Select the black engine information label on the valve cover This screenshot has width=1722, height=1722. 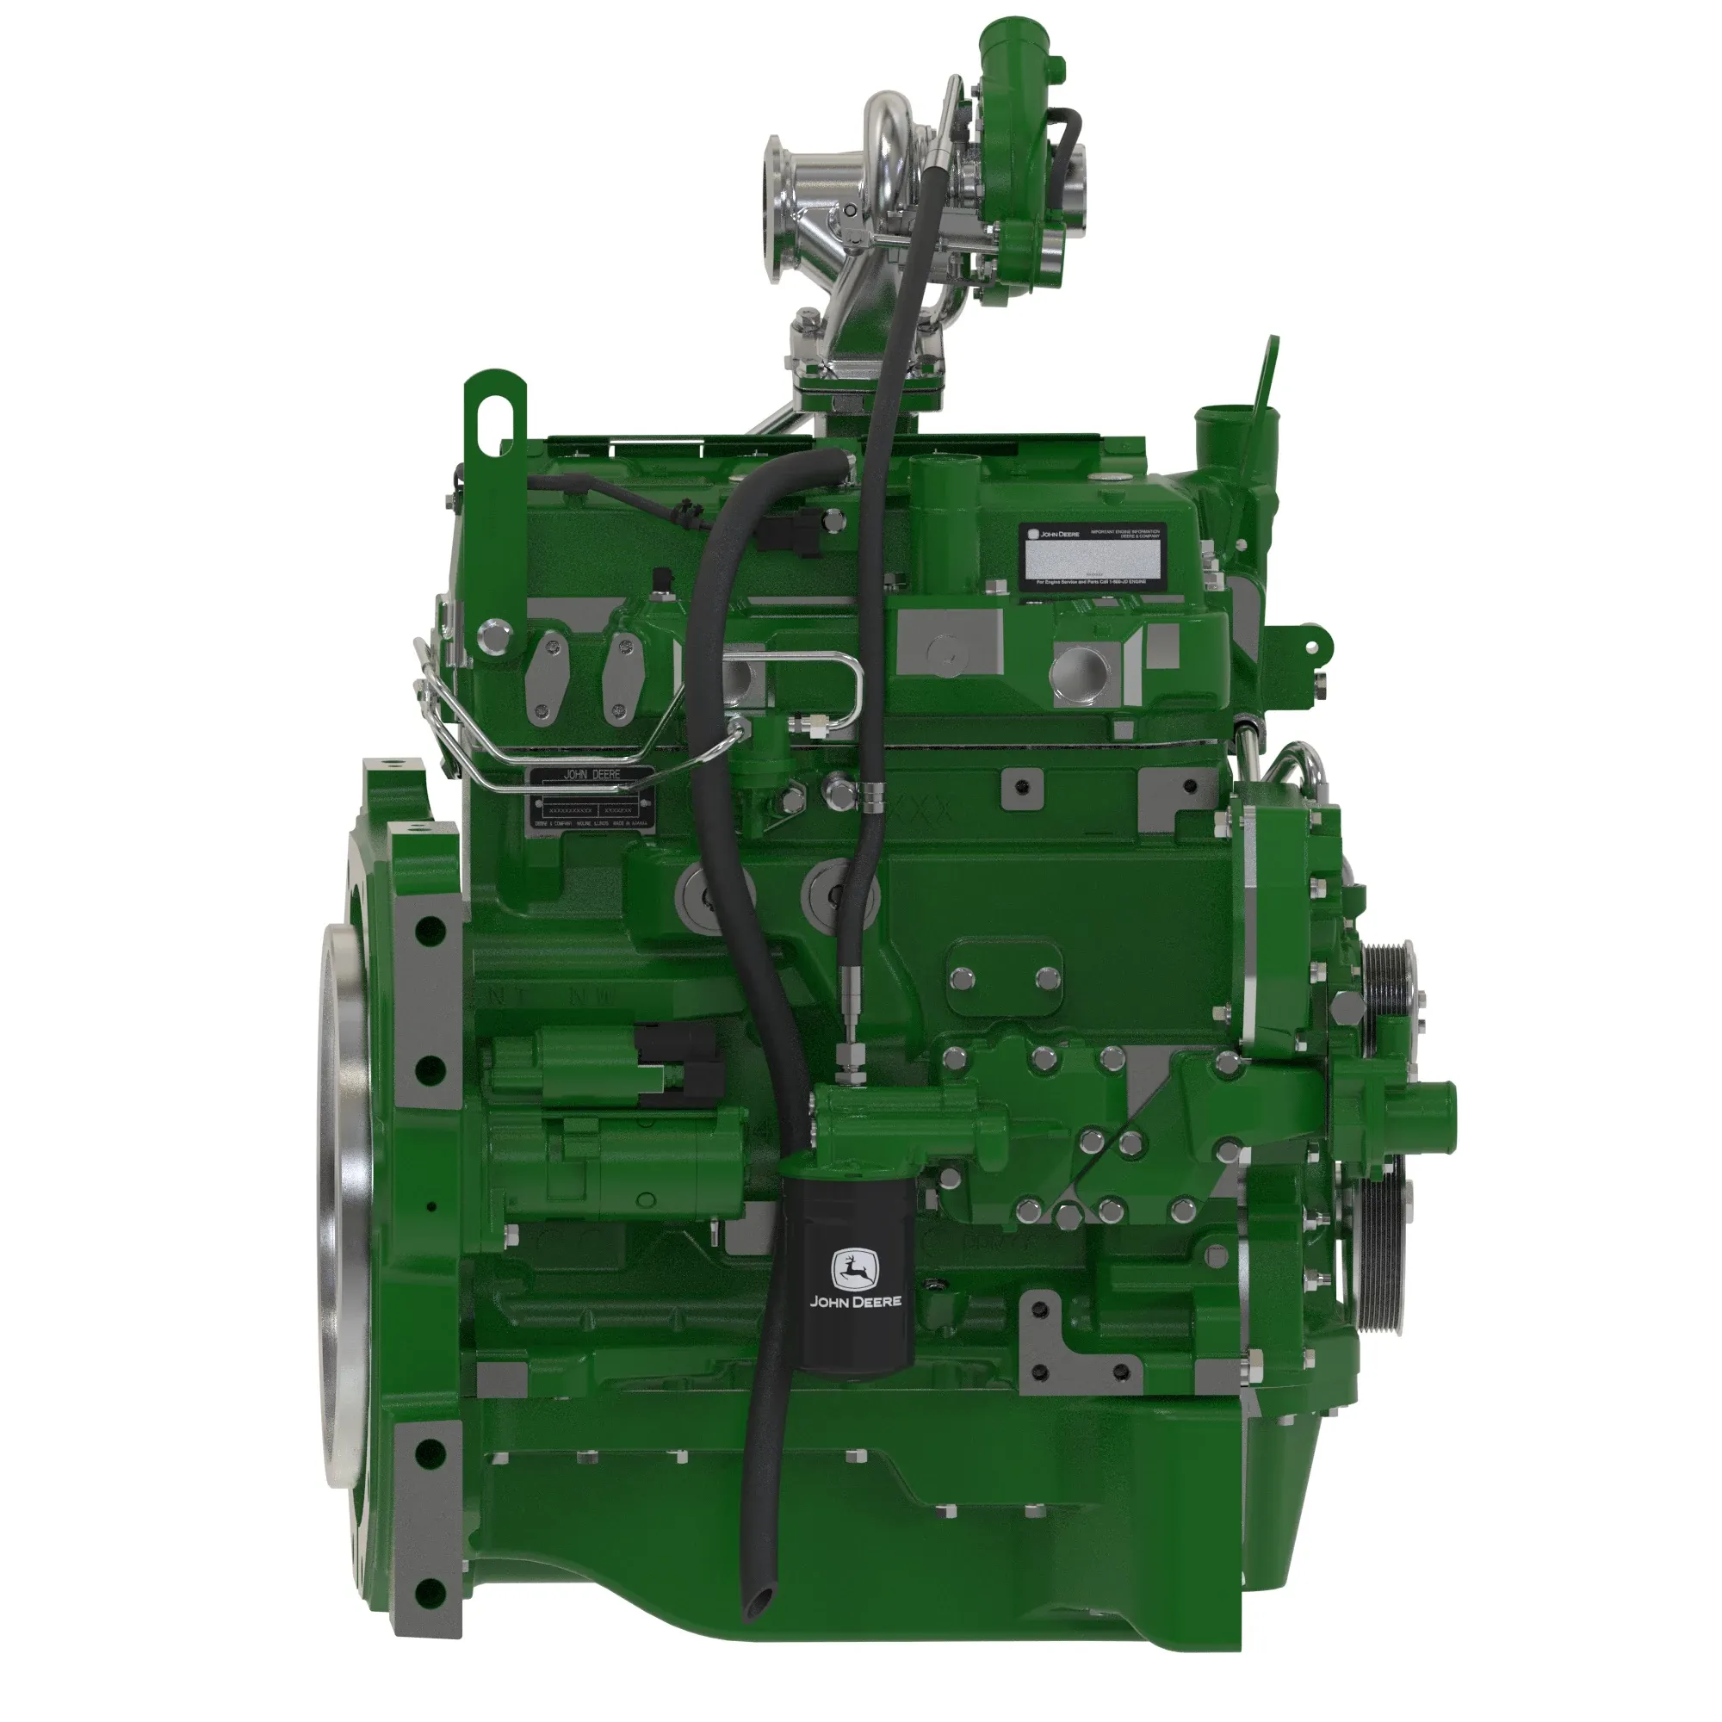tap(1092, 556)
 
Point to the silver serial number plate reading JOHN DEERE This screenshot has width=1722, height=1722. tap(592, 801)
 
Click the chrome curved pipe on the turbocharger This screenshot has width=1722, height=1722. tap(891, 133)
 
